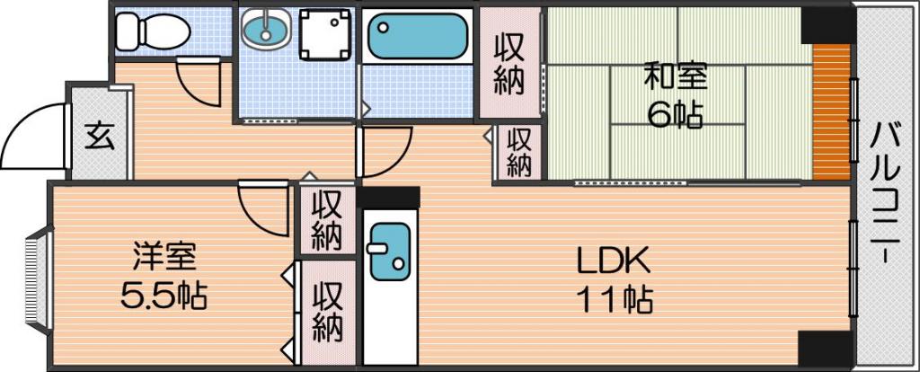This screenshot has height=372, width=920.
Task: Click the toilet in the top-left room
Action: pyautogui.click(x=152, y=31)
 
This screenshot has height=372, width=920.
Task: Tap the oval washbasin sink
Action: pyautogui.click(x=266, y=30)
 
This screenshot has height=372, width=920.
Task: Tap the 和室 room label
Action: pyautogui.click(x=676, y=77)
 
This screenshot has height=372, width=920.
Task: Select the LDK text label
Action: pyautogui.click(x=614, y=261)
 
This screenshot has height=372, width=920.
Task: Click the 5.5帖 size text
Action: pyautogui.click(x=164, y=297)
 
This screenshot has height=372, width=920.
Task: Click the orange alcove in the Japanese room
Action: pyautogui.click(x=832, y=111)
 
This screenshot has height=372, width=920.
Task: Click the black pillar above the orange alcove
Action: pyautogui.click(x=827, y=24)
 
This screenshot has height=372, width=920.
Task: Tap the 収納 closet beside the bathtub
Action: pyautogui.click(x=509, y=65)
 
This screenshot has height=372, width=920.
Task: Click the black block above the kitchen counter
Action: pyautogui.click(x=388, y=198)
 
